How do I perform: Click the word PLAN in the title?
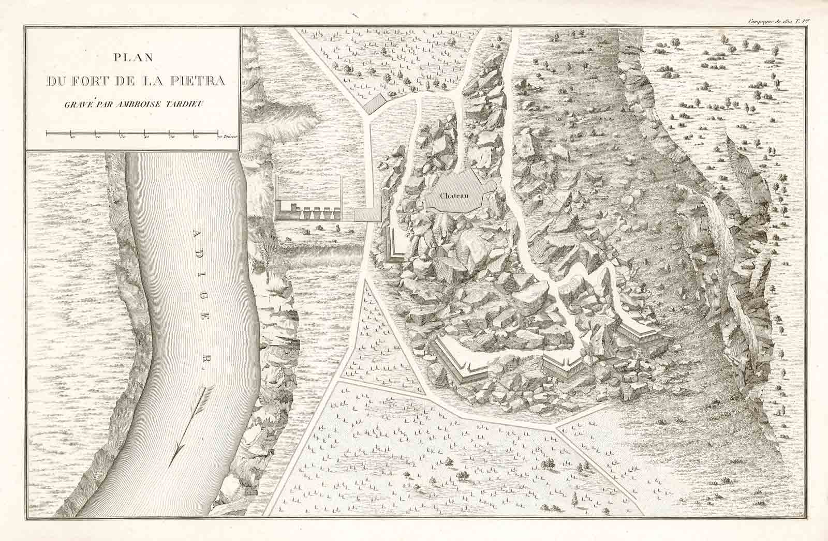(x=132, y=58)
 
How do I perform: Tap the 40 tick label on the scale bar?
(x=146, y=138)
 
